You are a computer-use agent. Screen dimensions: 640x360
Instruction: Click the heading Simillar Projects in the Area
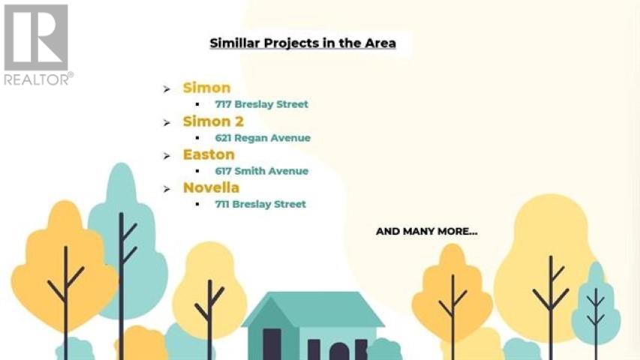pos(302,43)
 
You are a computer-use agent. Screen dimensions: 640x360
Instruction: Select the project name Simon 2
pos(213,121)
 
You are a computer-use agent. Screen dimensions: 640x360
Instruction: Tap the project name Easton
pos(209,154)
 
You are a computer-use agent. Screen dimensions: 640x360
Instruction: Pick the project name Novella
pos(211,187)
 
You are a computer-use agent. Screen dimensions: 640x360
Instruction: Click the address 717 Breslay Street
pos(262,104)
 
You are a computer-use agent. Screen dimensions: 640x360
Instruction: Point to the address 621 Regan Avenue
pos(263,138)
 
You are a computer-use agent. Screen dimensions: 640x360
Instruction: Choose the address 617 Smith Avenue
pos(262,171)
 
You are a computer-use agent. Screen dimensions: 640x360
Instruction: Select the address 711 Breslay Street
pos(260,204)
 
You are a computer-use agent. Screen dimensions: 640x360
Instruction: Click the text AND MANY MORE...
pos(426,232)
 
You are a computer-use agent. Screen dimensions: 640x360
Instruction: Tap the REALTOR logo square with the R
pos(36,37)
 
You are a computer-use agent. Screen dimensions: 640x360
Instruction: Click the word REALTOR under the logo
pos(37,79)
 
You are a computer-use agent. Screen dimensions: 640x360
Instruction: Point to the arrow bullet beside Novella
pos(167,189)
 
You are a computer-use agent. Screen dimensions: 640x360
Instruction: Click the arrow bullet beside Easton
pos(167,156)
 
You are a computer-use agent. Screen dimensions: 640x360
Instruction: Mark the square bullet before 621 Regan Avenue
pos(197,138)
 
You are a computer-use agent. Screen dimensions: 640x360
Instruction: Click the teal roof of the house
pos(314,310)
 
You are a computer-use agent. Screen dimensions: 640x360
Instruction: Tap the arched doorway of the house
pos(340,352)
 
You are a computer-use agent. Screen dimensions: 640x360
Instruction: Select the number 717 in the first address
pos(224,104)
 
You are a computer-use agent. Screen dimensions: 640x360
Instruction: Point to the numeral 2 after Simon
pos(239,121)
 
